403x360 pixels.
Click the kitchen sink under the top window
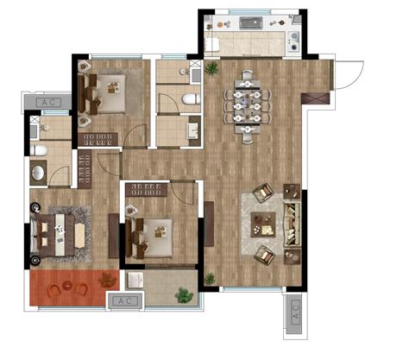tap(251, 22)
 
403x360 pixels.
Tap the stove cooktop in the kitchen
tap(294, 41)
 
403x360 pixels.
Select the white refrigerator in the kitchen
tap(212, 44)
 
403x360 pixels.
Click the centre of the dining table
tap(248, 106)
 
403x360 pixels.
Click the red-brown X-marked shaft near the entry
tap(315, 98)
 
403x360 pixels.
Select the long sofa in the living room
tap(292, 224)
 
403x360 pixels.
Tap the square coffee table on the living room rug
tap(263, 224)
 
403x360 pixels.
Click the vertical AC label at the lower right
tap(295, 313)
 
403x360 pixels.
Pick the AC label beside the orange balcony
tap(125, 301)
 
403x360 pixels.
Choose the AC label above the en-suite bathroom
tap(47, 102)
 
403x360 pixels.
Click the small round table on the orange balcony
tap(67, 286)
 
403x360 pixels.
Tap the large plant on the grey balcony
tap(184, 295)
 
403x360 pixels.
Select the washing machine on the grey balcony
tap(135, 280)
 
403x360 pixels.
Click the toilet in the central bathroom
tap(192, 99)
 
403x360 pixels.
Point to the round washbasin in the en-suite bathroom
tap(38, 173)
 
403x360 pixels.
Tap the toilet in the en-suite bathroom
tap(39, 150)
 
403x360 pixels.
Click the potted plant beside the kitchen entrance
tap(211, 68)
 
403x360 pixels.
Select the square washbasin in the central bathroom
tap(193, 131)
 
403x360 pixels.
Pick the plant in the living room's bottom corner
tap(210, 279)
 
